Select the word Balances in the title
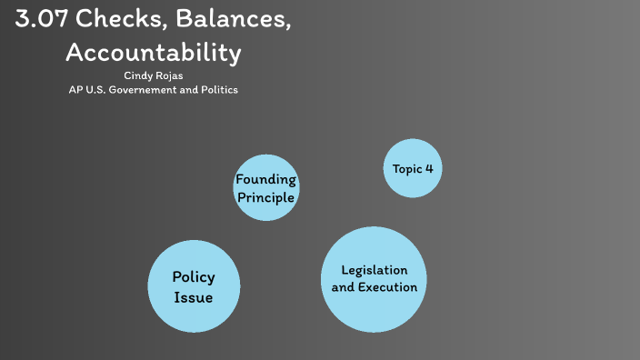click(x=236, y=20)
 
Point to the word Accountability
click(x=154, y=53)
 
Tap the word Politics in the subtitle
click(x=217, y=90)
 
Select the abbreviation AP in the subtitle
click(x=75, y=90)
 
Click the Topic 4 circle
click(x=413, y=168)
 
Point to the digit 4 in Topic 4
click(x=429, y=168)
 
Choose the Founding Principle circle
click(x=265, y=187)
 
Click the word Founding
click(x=265, y=179)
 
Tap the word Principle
click(x=265, y=195)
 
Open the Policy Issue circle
click(x=194, y=286)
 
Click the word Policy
click(x=194, y=277)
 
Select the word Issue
click(x=194, y=297)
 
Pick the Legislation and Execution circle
click(x=375, y=279)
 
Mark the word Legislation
click(x=375, y=270)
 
